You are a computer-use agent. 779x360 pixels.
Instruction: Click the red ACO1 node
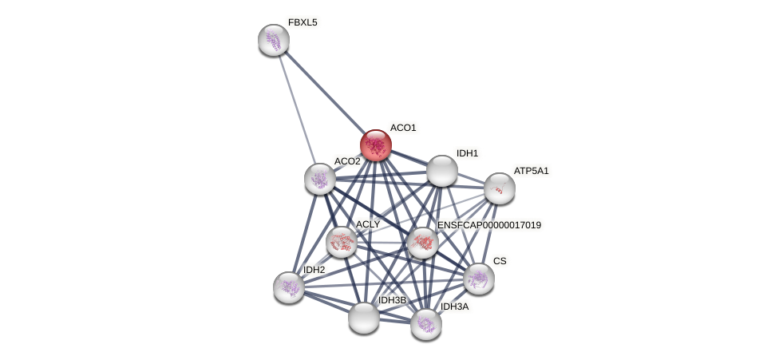coord(375,145)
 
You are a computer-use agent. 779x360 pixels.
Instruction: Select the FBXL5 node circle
coord(274,40)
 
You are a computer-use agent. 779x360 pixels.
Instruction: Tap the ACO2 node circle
coord(320,179)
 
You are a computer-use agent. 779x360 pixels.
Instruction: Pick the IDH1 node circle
coord(441,171)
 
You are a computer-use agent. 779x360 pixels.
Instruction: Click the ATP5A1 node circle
coord(499,188)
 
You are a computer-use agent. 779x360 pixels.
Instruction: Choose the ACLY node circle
coord(341,242)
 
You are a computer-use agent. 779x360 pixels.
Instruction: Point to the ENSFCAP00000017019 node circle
coord(423,243)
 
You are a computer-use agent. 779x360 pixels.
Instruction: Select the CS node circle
coord(479,279)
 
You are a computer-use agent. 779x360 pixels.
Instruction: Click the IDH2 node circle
coord(288,287)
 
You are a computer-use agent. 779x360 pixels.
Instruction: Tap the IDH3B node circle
coord(364,318)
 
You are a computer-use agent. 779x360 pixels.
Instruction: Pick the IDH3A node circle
coord(426,324)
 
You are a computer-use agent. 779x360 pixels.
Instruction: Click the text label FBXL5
coord(303,22)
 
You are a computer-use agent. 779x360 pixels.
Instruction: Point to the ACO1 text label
coord(402,128)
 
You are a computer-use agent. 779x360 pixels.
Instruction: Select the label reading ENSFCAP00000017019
coord(488,225)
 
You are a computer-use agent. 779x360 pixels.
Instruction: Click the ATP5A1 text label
coord(531,171)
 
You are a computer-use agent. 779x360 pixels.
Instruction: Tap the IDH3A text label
coord(454,307)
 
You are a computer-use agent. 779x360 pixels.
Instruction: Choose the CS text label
coord(500,261)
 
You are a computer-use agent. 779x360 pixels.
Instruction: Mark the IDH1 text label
coord(467,153)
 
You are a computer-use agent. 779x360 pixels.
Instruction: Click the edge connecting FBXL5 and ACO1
coord(323,91)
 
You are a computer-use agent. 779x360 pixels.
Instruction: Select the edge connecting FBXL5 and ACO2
coord(297,109)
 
